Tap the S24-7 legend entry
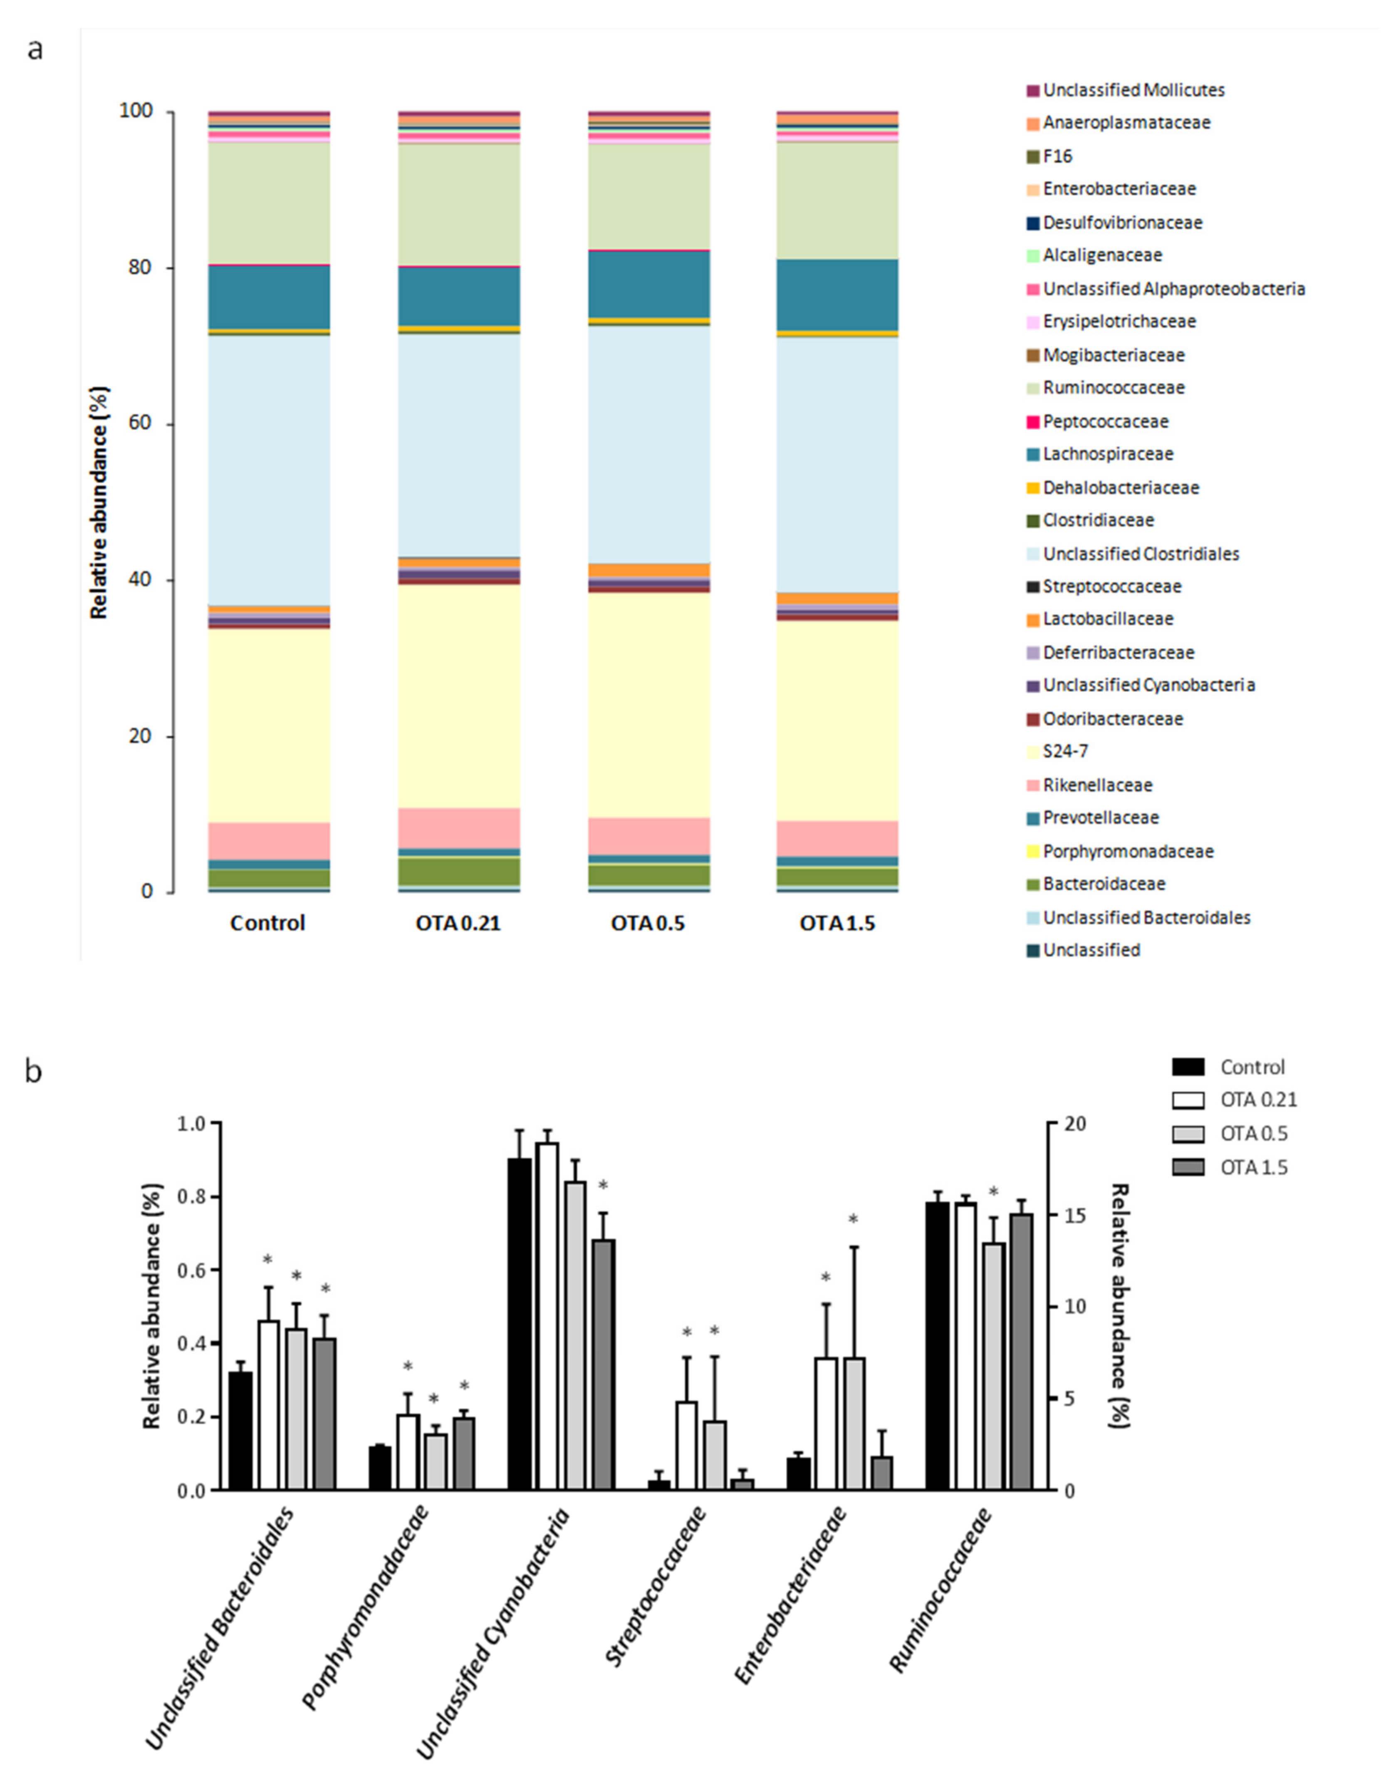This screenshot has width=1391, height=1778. (1065, 751)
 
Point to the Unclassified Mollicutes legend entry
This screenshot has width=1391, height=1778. (1133, 89)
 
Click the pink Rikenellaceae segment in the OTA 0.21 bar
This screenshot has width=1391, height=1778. (458, 827)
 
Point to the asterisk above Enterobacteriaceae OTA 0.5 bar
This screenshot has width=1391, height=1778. (853, 1219)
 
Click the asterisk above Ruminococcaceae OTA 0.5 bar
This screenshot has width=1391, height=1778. (993, 1192)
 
